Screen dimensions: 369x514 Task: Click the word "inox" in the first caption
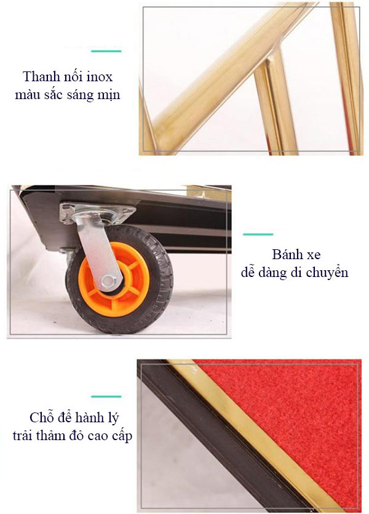pos(100,77)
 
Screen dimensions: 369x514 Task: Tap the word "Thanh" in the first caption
pos(38,77)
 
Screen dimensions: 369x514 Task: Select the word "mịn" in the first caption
pos(109,95)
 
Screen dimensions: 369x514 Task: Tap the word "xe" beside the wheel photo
pos(313,255)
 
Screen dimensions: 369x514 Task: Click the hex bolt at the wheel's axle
pos(108,281)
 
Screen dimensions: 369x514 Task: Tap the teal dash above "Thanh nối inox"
pos(106,51)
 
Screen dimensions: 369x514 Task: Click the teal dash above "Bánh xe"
pos(258,234)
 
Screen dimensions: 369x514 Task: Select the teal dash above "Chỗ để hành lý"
pos(106,396)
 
